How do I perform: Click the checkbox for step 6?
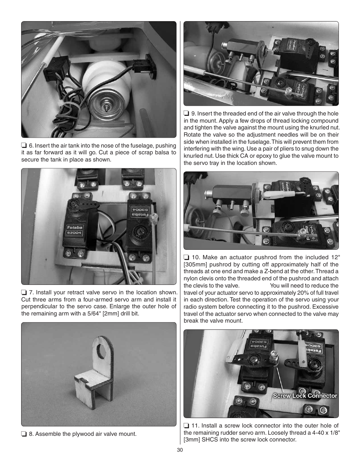pos(24,146)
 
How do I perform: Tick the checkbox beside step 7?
pos(24,292)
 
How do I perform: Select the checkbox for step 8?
pos(24,434)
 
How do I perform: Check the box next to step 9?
pos(186,114)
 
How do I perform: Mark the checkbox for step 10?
pos(186,258)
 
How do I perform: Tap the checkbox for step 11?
pos(186,426)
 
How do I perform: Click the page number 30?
pos(180,450)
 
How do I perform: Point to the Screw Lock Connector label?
pos(305,396)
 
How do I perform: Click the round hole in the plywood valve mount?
pos(102,353)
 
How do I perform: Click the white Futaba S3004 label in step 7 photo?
pos(75,230)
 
